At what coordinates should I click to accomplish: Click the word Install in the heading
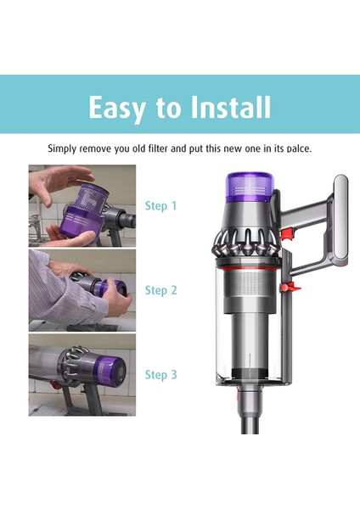click(223, 108)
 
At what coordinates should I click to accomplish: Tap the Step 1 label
click(161, 206)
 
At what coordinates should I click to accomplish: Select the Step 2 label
click(161, 290)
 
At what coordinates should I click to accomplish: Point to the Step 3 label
click(161, 374)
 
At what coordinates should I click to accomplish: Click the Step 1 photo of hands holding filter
click(82, 205)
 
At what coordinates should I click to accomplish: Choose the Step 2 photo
click(82, 288)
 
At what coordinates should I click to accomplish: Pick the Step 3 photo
click(82, 373)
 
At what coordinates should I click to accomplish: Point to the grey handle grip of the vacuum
click(337, 221)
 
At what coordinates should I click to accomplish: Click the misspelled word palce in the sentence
click(299, 148)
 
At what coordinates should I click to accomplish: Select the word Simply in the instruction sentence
click(65, 148)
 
